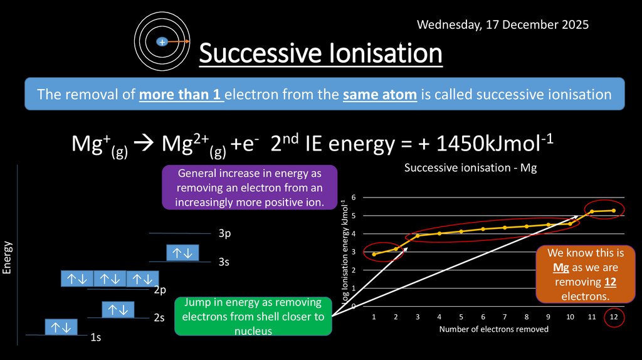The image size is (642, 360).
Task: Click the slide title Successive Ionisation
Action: coord(320,54)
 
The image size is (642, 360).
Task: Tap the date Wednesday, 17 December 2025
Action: coord(503,24)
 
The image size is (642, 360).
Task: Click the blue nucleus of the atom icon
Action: coord(162,42)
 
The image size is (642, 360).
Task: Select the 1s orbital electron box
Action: coord(61,327)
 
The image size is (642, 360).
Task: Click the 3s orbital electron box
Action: coord(183,253)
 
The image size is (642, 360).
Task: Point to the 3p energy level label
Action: coord(225,234)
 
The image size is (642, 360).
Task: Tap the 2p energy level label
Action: coord(160,290)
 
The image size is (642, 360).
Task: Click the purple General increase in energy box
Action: coord(250,187)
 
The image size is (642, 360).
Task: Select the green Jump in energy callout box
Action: coord(253,316)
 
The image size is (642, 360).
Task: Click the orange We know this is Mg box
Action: coord(577,275)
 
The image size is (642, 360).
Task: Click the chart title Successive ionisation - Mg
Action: coord(470,168)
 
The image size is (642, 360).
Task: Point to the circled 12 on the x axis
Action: coord(614,318)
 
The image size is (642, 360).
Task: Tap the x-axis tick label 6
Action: coord(483,318)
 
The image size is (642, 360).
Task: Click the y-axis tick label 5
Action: coord(354,216)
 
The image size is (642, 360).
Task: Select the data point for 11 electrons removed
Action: coord(592,211)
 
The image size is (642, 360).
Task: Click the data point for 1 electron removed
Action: coord(374,254)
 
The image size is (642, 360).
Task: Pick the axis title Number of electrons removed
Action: coord(493,329)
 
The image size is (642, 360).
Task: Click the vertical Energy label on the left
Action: coord(8,257)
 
